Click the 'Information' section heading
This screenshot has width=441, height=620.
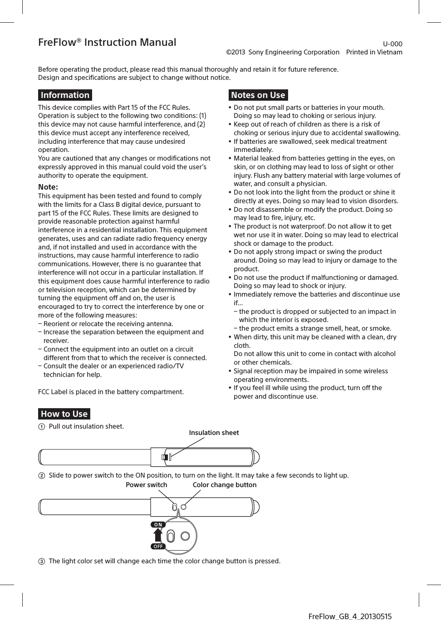[65, 95]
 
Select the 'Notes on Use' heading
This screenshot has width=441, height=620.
[258, 95]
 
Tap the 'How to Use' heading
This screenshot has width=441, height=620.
[64, 414]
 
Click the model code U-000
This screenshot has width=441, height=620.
[392, 44]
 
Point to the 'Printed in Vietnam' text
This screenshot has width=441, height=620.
[374, 52]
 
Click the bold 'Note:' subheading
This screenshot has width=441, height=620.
[48, 187]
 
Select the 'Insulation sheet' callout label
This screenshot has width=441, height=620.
[214, 433]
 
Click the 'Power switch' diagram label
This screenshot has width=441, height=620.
[146, 485]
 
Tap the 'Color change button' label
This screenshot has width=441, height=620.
[224, 485]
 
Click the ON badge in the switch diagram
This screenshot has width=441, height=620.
[158, 525]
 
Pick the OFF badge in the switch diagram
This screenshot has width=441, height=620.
[158, 547]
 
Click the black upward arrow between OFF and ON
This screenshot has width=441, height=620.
[158, 535]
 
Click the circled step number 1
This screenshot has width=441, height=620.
[42, 427]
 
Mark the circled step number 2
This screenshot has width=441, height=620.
[42, 476]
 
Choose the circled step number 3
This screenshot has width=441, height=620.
[42, 561]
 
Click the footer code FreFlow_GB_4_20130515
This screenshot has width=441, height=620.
[350, 616]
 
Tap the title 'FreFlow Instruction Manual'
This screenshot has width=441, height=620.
[107, 42]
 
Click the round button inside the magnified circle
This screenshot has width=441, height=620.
[185, 536]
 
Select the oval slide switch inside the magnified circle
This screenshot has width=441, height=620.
[171, 537]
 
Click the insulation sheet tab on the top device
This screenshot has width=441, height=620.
[167, 457]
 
